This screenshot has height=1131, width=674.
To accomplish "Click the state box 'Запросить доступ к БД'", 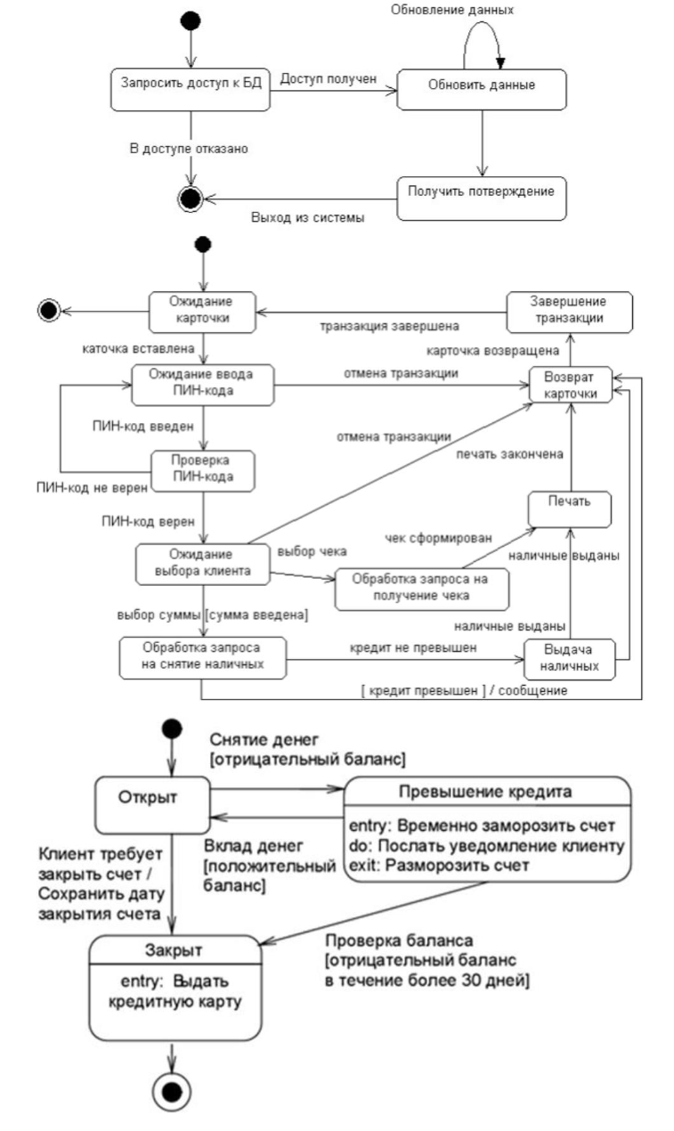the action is coord(191,90).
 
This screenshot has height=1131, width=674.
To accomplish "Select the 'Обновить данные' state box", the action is coord(482,90).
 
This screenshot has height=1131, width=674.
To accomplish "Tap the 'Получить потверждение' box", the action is coord(482,199).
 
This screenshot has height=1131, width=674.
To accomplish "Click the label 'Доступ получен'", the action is coord(329,78).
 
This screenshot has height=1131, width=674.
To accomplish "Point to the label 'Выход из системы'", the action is coord(308,217).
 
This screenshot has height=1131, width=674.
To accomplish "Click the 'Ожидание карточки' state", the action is coord(202,312).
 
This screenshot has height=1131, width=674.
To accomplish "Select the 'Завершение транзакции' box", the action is coord(570,312).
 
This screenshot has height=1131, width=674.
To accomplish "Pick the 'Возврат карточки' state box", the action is coord(571,386).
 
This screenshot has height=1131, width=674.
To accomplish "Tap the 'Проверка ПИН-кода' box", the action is coord(203,471).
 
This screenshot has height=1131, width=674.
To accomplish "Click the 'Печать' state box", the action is coord(570,509).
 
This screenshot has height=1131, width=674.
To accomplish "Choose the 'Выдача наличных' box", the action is coord(570,659).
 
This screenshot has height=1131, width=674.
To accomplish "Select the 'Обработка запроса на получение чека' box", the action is coord(421,590).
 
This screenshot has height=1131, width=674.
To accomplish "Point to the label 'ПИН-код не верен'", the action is coord(92,488).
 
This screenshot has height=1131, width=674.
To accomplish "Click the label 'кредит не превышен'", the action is coord(413,647).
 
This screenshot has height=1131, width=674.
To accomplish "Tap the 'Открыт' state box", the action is coord(152,805).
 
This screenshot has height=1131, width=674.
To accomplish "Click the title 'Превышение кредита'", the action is coord(485,791).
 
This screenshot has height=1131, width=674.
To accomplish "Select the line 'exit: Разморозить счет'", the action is coord(439,866).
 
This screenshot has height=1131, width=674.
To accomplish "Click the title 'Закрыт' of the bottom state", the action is coord(174,949).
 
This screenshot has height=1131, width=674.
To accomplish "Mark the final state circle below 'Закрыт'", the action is coord(172,1093).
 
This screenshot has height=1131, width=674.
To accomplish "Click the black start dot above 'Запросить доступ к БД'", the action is coord(191,20).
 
